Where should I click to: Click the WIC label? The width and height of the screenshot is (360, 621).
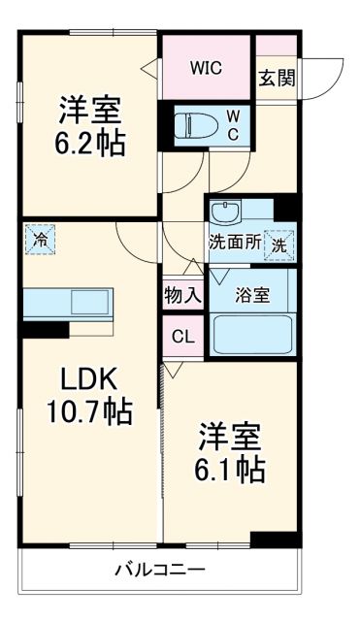[x=206, y=68]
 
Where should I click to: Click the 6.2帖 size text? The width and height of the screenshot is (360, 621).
[x=88, y=143]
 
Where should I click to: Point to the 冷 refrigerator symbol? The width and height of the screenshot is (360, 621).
[x=41, y=238]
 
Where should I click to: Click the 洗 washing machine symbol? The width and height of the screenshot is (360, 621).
[x=280, y=245]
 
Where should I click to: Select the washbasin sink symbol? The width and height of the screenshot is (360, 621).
[x=226, y=210]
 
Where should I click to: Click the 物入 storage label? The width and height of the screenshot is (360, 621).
[x=181, y=295]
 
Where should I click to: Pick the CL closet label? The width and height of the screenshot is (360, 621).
[x=181, y=337]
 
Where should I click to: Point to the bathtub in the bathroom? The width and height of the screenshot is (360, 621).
[x=252, y=334]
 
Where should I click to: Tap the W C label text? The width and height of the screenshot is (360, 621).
[x=233, y=123]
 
